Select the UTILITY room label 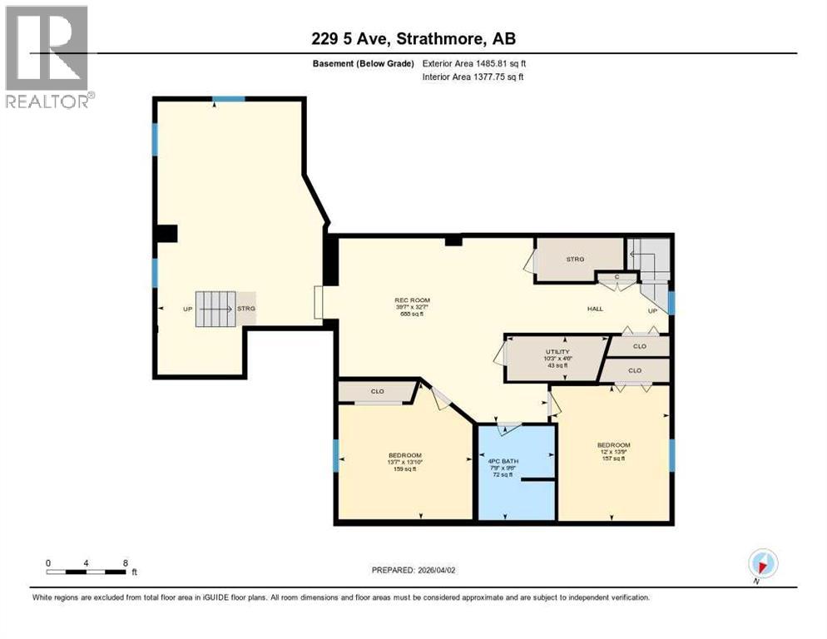point(557,352)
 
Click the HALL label point(595,309)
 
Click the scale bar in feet point(87,572)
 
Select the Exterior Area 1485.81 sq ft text point(474,62)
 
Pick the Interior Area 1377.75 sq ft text point(473,77)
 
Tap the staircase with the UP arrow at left point(215,308)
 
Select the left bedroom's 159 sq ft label point(405,469)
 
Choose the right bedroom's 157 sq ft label point(613,458)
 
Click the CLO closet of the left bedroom point(377,391)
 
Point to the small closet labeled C point(617,277)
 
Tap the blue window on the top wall point(228,99)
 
